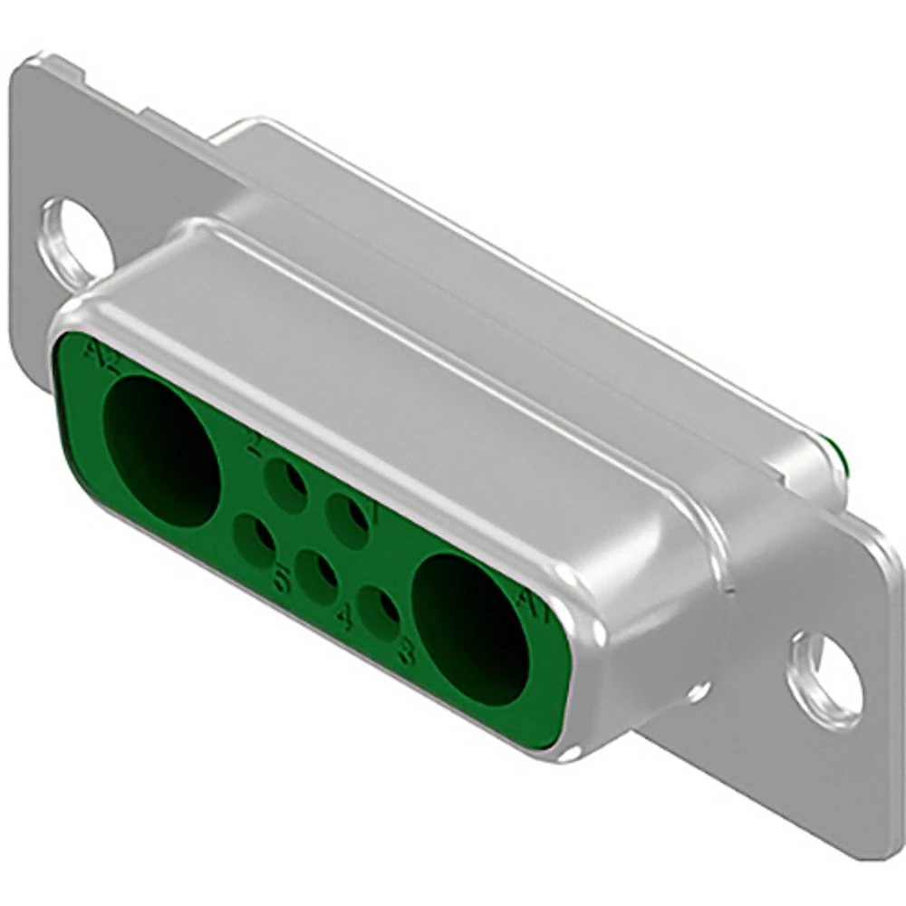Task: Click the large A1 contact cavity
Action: tap(469, 629)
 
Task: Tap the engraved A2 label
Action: tap(101, 357)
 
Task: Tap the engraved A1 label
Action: tap(533, 605)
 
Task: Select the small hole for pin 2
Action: tap(286, 485)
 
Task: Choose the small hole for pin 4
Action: tap(316, 576)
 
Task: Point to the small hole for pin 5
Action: tap(255, 541)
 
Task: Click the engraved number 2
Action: tap(255, 444)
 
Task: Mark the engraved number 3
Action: tap(406, 651)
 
